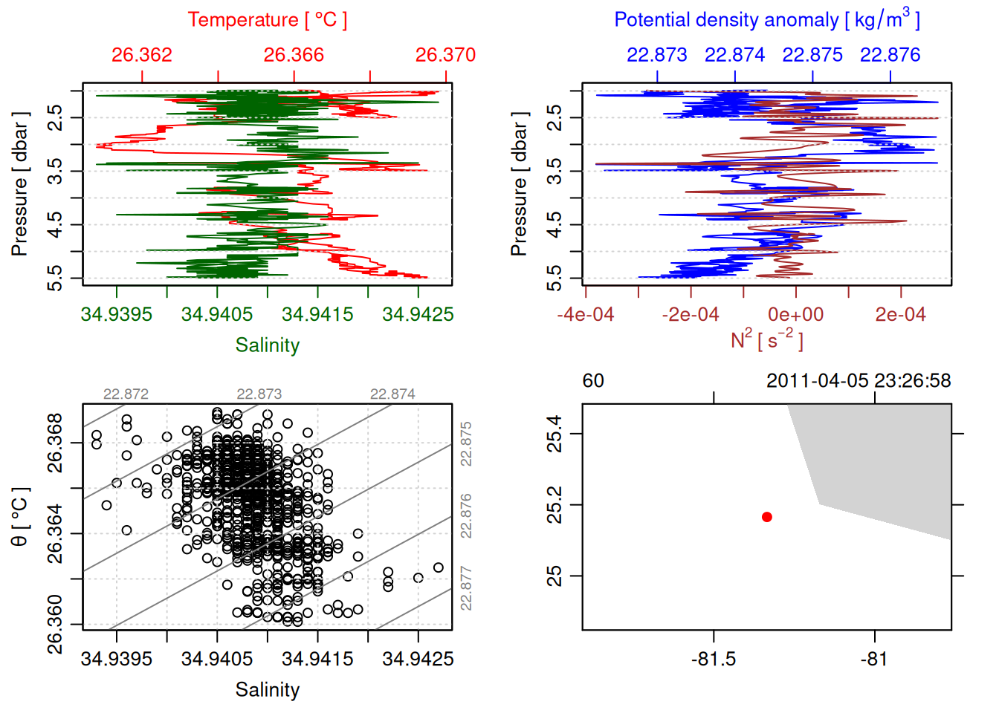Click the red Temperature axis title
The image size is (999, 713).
pos(267,20)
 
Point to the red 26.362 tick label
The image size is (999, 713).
pos(142,55)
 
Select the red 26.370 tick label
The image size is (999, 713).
pos(445,55)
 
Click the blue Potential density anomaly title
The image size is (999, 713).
pos(766,20)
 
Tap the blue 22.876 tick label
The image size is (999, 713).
pos(890,55)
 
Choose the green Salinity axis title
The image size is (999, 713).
pos(267,345)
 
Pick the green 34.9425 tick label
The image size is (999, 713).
pos(418,314)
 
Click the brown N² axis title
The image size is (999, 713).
pos(766,340)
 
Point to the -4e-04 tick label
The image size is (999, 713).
pos(586,314)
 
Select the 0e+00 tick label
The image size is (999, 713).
pos(795,314)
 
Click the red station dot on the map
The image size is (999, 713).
pos(766,517)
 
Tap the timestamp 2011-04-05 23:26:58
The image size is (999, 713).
pos(859,381)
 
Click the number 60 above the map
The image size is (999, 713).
pos(593,381)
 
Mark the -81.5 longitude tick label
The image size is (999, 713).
pos(714,659)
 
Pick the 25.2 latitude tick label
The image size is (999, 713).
pos(555,505)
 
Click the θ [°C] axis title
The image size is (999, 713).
pos(20,517)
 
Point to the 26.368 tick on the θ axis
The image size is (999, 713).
pos(55,443)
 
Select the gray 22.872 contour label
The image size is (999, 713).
pos(126,394)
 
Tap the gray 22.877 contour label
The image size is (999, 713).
pos(466,588)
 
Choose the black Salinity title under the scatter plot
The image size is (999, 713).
pos(267,690)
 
